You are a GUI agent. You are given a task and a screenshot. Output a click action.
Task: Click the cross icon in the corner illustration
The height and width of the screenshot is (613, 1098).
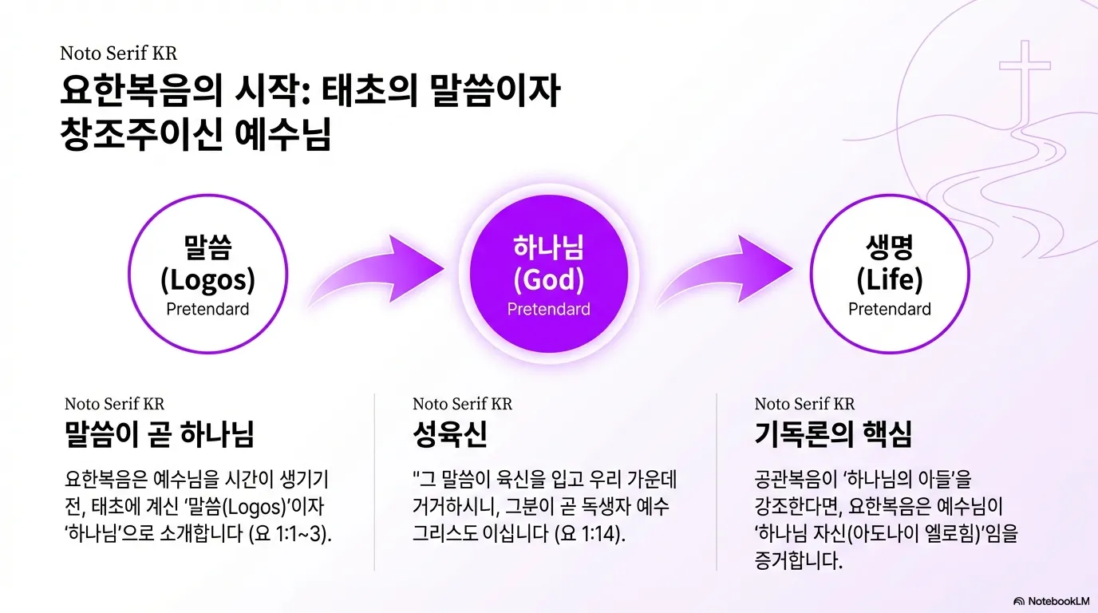coord(1025,76)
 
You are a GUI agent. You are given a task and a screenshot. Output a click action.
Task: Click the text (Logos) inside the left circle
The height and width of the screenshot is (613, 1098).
coord(207,280)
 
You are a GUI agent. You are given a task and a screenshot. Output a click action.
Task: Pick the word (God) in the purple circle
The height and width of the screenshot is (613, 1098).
coord(549,280)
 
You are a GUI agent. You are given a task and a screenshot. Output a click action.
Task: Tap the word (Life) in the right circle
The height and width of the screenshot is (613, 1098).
coord(890,280)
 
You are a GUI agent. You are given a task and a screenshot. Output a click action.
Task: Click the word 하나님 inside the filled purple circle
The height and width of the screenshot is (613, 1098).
coord(549,248)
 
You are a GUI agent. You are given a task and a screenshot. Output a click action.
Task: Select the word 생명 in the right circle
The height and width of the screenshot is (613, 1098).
coord(890,248)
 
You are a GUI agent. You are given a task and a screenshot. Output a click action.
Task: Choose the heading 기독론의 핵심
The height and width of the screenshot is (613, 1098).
coord(833,435)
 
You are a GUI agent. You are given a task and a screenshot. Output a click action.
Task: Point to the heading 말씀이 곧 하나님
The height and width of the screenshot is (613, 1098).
coord(160,435)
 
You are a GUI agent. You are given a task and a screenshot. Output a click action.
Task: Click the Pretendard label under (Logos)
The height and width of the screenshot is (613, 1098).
coord(207,309)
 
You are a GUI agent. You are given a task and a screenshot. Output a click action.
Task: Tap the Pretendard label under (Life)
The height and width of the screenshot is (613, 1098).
coord(890,309)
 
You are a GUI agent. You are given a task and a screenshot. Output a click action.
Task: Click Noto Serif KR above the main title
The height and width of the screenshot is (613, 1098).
coord(118,53)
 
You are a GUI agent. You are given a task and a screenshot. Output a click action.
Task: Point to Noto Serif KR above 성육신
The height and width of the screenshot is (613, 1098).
coord(462,404)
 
